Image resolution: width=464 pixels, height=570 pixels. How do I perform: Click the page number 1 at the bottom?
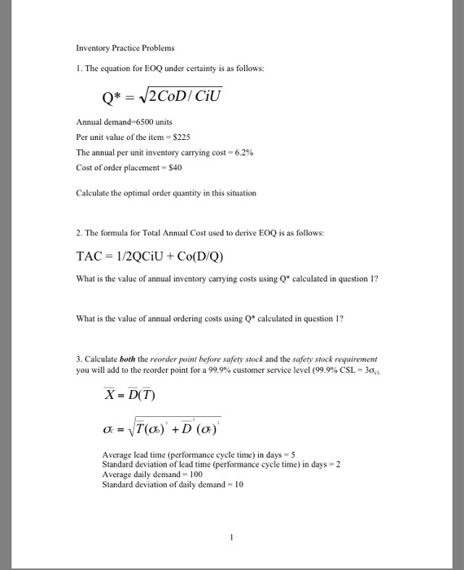click(232, 537)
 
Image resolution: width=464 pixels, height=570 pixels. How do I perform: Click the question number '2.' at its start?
click(79, 233)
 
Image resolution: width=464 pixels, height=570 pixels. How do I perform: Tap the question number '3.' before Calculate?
click(79, 357)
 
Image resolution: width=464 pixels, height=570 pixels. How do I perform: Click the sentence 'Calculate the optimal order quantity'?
click(166, 194)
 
